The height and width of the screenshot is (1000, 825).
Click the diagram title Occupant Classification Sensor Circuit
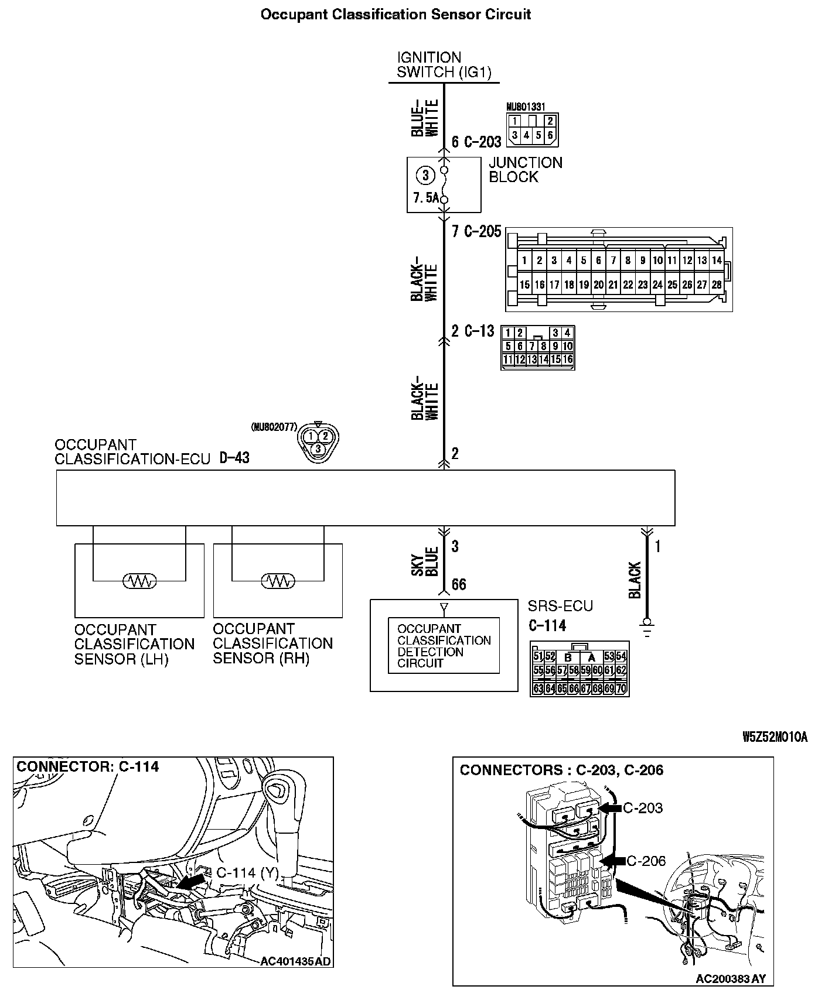click(x=396, y=15)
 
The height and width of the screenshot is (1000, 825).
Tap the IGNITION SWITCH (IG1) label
click(x=444, y=65)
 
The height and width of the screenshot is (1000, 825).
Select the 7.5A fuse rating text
click(x=425, y=198)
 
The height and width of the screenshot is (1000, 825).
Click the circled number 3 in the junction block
click(x=425, y=175)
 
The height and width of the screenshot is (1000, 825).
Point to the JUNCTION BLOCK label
click(x=525, y=170)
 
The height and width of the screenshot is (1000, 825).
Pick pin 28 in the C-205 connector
click(x=717, y=285)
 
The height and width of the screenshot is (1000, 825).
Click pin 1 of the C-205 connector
click(x=524, y=261)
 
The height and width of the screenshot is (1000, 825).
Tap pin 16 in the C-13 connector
click(x=567, y=359)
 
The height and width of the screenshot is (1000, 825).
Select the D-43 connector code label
click(x=234, y=457)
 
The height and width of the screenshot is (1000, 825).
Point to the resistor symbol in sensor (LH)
click(x=139, y=581)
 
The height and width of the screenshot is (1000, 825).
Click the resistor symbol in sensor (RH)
click(x=278, y=581)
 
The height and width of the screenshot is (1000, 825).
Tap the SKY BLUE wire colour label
click(x=425, y=561)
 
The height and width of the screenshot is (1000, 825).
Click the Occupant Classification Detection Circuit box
click(x=444, y=646)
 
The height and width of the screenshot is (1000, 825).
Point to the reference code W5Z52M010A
click(x=775, y=737)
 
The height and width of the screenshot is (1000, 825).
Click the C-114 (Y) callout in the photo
click(x=247, y=872)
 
